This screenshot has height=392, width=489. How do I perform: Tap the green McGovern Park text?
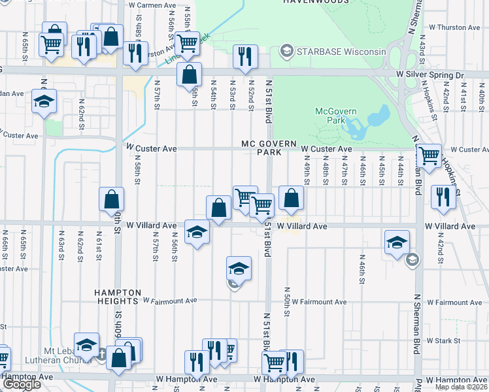(329, 116)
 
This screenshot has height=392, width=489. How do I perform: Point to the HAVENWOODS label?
(312, 2)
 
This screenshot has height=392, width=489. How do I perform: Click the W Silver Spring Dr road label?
(430, 76)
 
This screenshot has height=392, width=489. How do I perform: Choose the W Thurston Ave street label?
(454, 27)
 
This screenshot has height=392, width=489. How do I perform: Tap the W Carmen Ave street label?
(153, 5)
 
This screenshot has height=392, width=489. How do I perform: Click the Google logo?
(22, 384)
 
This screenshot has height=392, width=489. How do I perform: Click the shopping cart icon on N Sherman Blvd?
(429, 155)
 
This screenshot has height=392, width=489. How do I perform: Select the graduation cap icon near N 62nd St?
(44, 101)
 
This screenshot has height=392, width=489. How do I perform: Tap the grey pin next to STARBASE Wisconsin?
(286, 51)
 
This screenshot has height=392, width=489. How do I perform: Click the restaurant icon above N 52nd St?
(245, 56)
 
